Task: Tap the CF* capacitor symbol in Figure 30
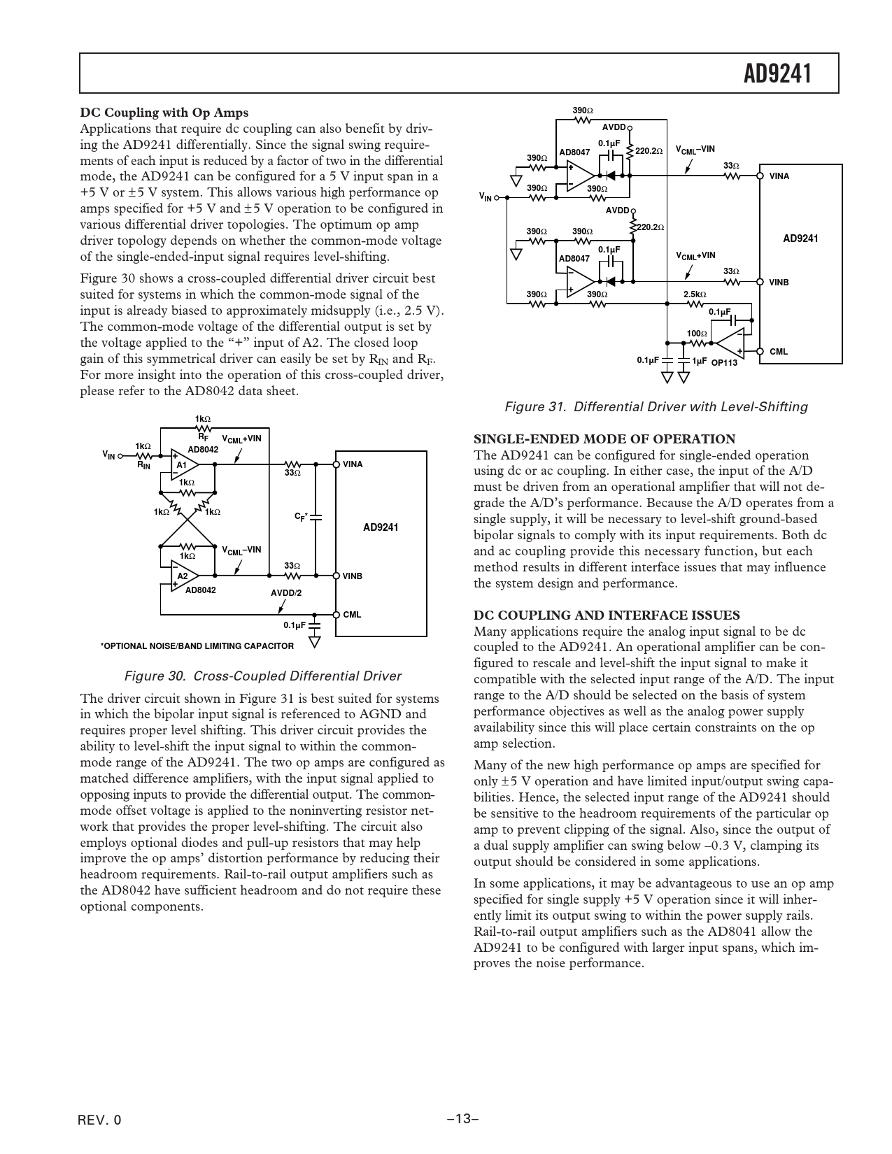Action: [x=316, y=518]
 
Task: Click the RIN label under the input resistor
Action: [x=143, y=464]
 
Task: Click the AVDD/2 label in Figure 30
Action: [x=286, y=593]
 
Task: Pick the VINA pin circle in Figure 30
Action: [x=337, y=464]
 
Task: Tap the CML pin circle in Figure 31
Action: [x=760, y=351]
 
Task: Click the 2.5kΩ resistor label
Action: [x=695, y=294]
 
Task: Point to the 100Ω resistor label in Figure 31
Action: [x=695, y=334]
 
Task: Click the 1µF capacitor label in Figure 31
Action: [x=699, y=361]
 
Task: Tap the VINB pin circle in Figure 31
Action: [x=760, y=282]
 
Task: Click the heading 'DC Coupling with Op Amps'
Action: [x=164, y=112]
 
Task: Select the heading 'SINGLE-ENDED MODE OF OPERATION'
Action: [x=604, y=439]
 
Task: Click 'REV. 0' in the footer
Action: [x=100, y=1120]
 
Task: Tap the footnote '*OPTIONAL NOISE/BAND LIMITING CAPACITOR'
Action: [x=197, y=646]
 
